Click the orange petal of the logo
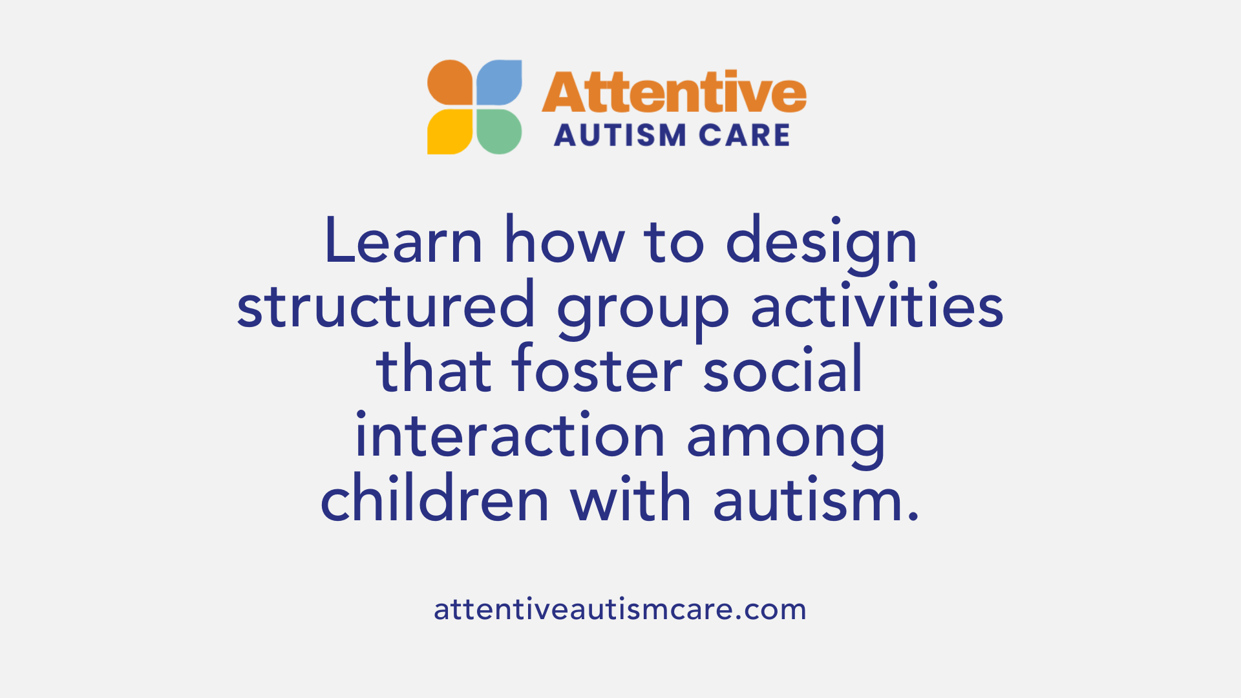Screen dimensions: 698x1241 tap(451, 83)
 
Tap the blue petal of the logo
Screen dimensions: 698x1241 tap(499, 83)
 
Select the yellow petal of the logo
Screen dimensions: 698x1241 tap(451, 131)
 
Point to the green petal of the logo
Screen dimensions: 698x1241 tap(499, 131)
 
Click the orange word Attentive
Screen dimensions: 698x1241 tap(674, 92)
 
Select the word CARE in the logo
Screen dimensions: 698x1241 tap(745, 136)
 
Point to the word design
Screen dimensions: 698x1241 tap(821, 243)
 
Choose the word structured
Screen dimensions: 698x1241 tap(386, 306)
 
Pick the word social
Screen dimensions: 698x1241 tap(783, 370)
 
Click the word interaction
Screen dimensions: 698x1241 tap(510, 436)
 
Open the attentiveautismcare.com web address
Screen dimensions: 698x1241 tap(620, 609)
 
